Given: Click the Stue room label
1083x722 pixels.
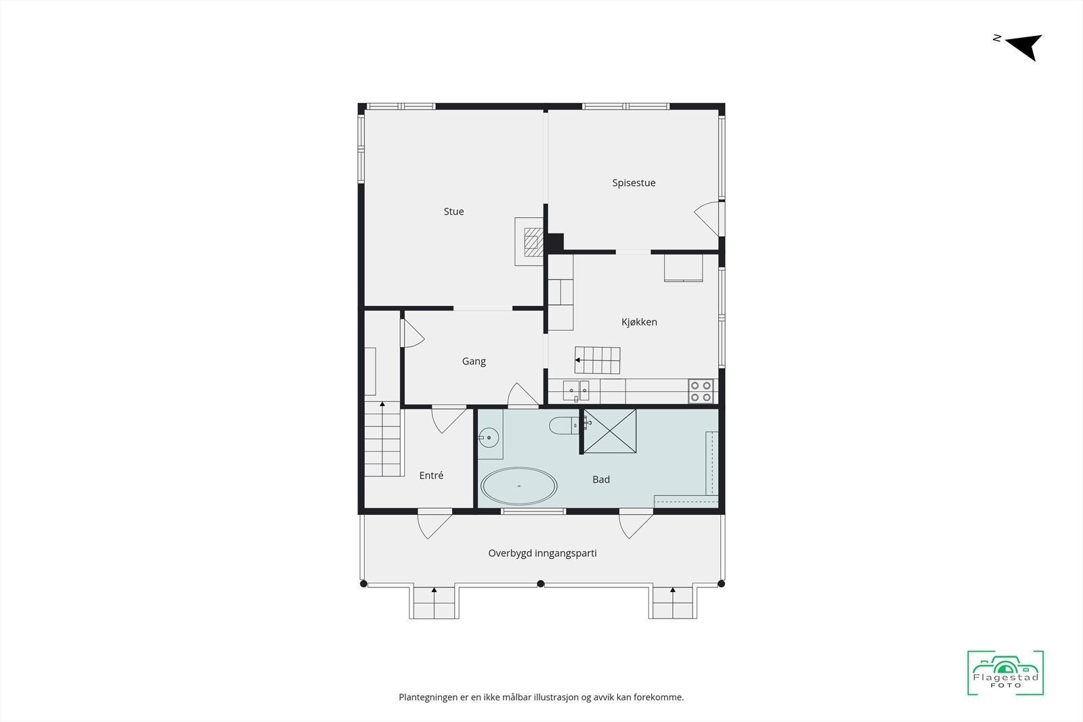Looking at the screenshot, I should click(454, 212).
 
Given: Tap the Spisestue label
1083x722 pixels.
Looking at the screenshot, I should click(634, 183).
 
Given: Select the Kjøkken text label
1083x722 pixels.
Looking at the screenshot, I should click(639, 322).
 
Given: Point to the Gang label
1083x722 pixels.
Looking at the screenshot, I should click(474, 361).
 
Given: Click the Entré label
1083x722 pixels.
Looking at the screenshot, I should click(431, 476).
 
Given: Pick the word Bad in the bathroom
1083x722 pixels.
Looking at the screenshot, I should click(601, 480).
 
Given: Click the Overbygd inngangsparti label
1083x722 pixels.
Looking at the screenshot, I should click(542, 554).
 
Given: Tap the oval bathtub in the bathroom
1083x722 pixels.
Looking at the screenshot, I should click(519, 487).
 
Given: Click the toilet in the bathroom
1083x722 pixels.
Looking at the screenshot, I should click(562, 426).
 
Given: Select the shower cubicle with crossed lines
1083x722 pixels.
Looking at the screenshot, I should click(610, 431).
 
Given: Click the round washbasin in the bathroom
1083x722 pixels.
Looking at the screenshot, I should click(489, 438).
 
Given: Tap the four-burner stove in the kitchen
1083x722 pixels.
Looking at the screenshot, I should click(701, 392).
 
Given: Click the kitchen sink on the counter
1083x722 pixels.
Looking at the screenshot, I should click(576, 391).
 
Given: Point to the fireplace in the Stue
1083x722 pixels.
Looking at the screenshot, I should click(530, 241).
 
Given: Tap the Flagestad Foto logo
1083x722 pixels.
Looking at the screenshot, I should click(1005, 673).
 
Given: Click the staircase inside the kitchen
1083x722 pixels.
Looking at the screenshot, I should click(598, 360).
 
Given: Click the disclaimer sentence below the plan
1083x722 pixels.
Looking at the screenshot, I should click(541, 697).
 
